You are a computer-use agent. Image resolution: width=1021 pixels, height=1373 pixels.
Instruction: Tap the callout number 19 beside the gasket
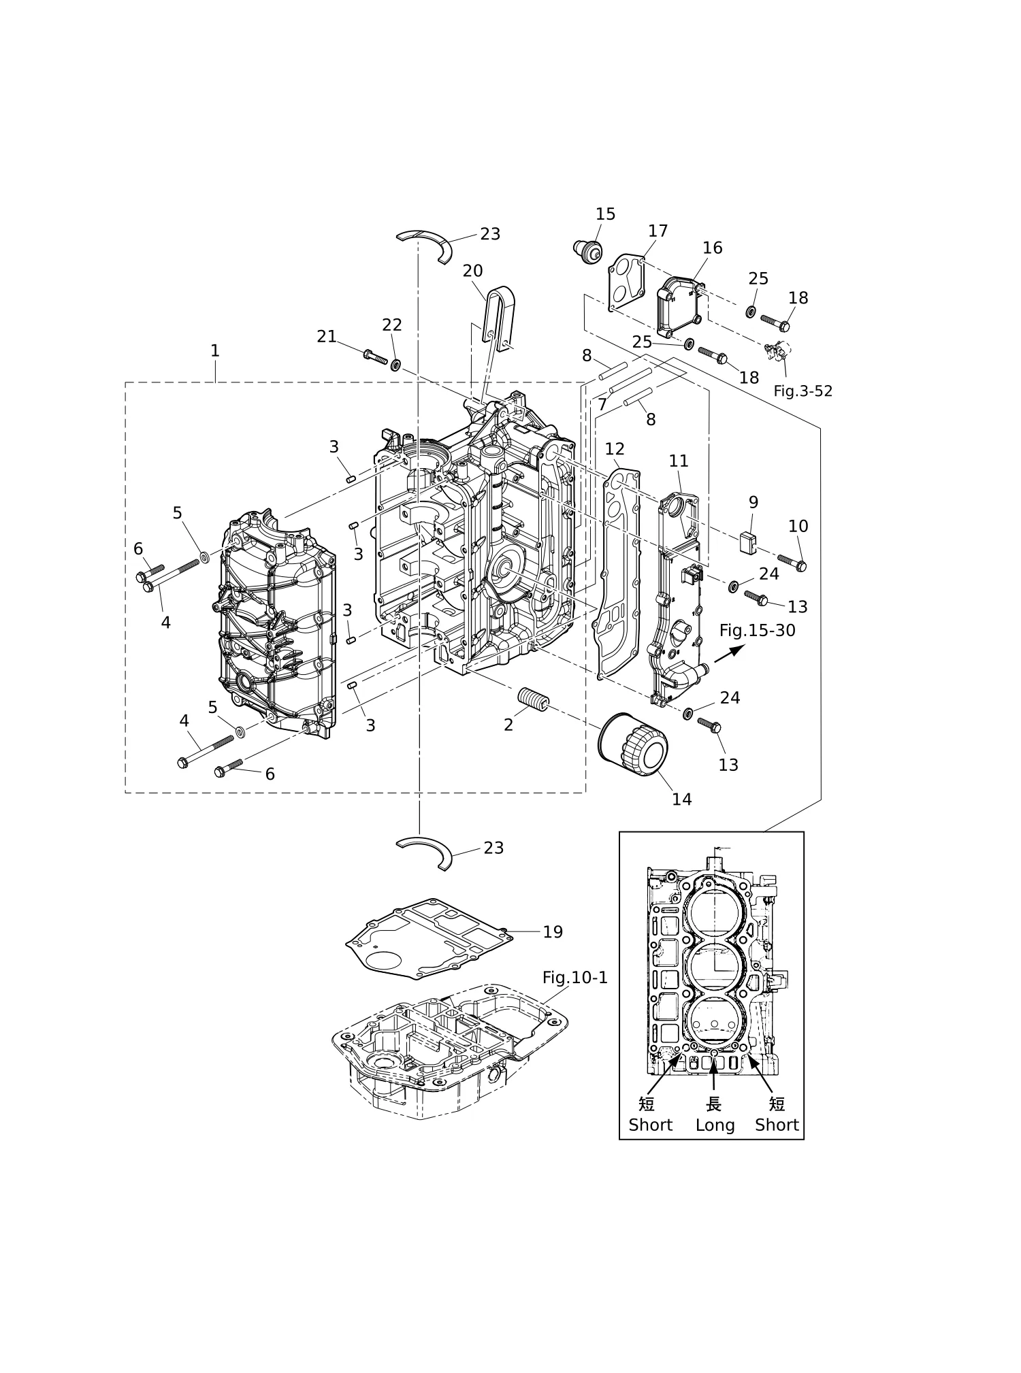[553, 932]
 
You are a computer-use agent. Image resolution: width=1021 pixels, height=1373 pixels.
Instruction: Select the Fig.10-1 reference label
[574, 978]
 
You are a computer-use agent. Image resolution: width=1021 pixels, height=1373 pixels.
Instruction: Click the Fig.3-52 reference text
[803, 391]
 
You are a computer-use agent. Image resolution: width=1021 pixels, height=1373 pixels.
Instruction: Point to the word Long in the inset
[715, 1125]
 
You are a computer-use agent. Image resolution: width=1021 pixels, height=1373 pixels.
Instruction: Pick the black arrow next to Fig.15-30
[729, 654]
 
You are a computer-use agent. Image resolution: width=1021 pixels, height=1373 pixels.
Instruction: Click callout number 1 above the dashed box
[215, 350]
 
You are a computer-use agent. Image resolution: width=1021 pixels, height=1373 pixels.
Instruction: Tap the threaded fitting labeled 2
[534, 700]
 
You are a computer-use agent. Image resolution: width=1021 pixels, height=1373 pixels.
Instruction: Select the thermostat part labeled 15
[587, 251]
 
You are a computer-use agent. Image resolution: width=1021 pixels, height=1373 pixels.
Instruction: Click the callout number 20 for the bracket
[472, 271]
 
